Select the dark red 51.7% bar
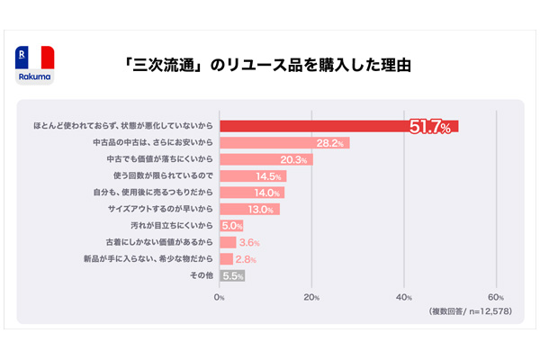338,126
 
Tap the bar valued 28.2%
283,142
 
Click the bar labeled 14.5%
253,176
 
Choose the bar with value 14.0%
251,193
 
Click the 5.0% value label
232,226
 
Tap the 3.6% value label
249,243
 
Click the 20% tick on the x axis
311,297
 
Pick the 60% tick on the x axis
495,297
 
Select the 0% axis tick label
220,297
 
